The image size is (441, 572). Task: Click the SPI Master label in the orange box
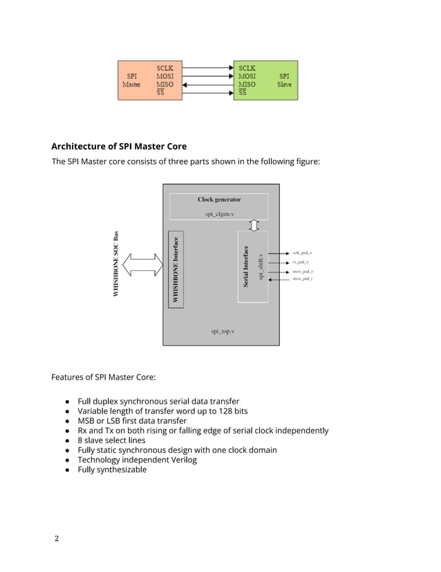point(131,80)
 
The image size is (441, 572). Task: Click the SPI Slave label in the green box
point(284,80)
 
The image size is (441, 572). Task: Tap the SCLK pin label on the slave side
point(247,68)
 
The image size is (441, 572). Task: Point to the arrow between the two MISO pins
point(207,84)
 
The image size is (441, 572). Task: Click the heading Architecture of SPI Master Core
point(119,146)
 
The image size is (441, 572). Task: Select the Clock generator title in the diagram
point(219,199)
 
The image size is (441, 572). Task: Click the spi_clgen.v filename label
point(220,214)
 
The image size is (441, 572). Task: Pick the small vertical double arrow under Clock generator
point(254,225)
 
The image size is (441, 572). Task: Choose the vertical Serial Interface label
point(245,267)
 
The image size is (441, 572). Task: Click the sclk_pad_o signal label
point(302,253)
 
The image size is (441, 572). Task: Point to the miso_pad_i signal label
point(302,279)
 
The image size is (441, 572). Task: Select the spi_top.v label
point(222,332)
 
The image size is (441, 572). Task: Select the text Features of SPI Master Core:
point(104,377)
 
